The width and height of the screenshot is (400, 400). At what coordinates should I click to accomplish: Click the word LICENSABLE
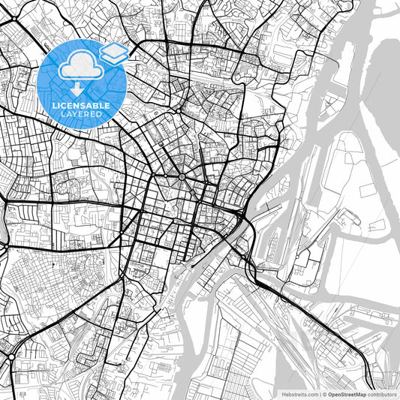(81, 105)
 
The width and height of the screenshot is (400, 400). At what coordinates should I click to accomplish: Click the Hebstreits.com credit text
(300, 393)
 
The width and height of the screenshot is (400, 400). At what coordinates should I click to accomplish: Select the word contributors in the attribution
(383, 393)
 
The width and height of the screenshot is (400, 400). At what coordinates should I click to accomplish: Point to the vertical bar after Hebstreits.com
(320, 393)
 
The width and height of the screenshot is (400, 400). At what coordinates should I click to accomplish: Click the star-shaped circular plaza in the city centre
(182, 176)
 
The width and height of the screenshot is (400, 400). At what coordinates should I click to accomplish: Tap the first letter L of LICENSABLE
(53, 105)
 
